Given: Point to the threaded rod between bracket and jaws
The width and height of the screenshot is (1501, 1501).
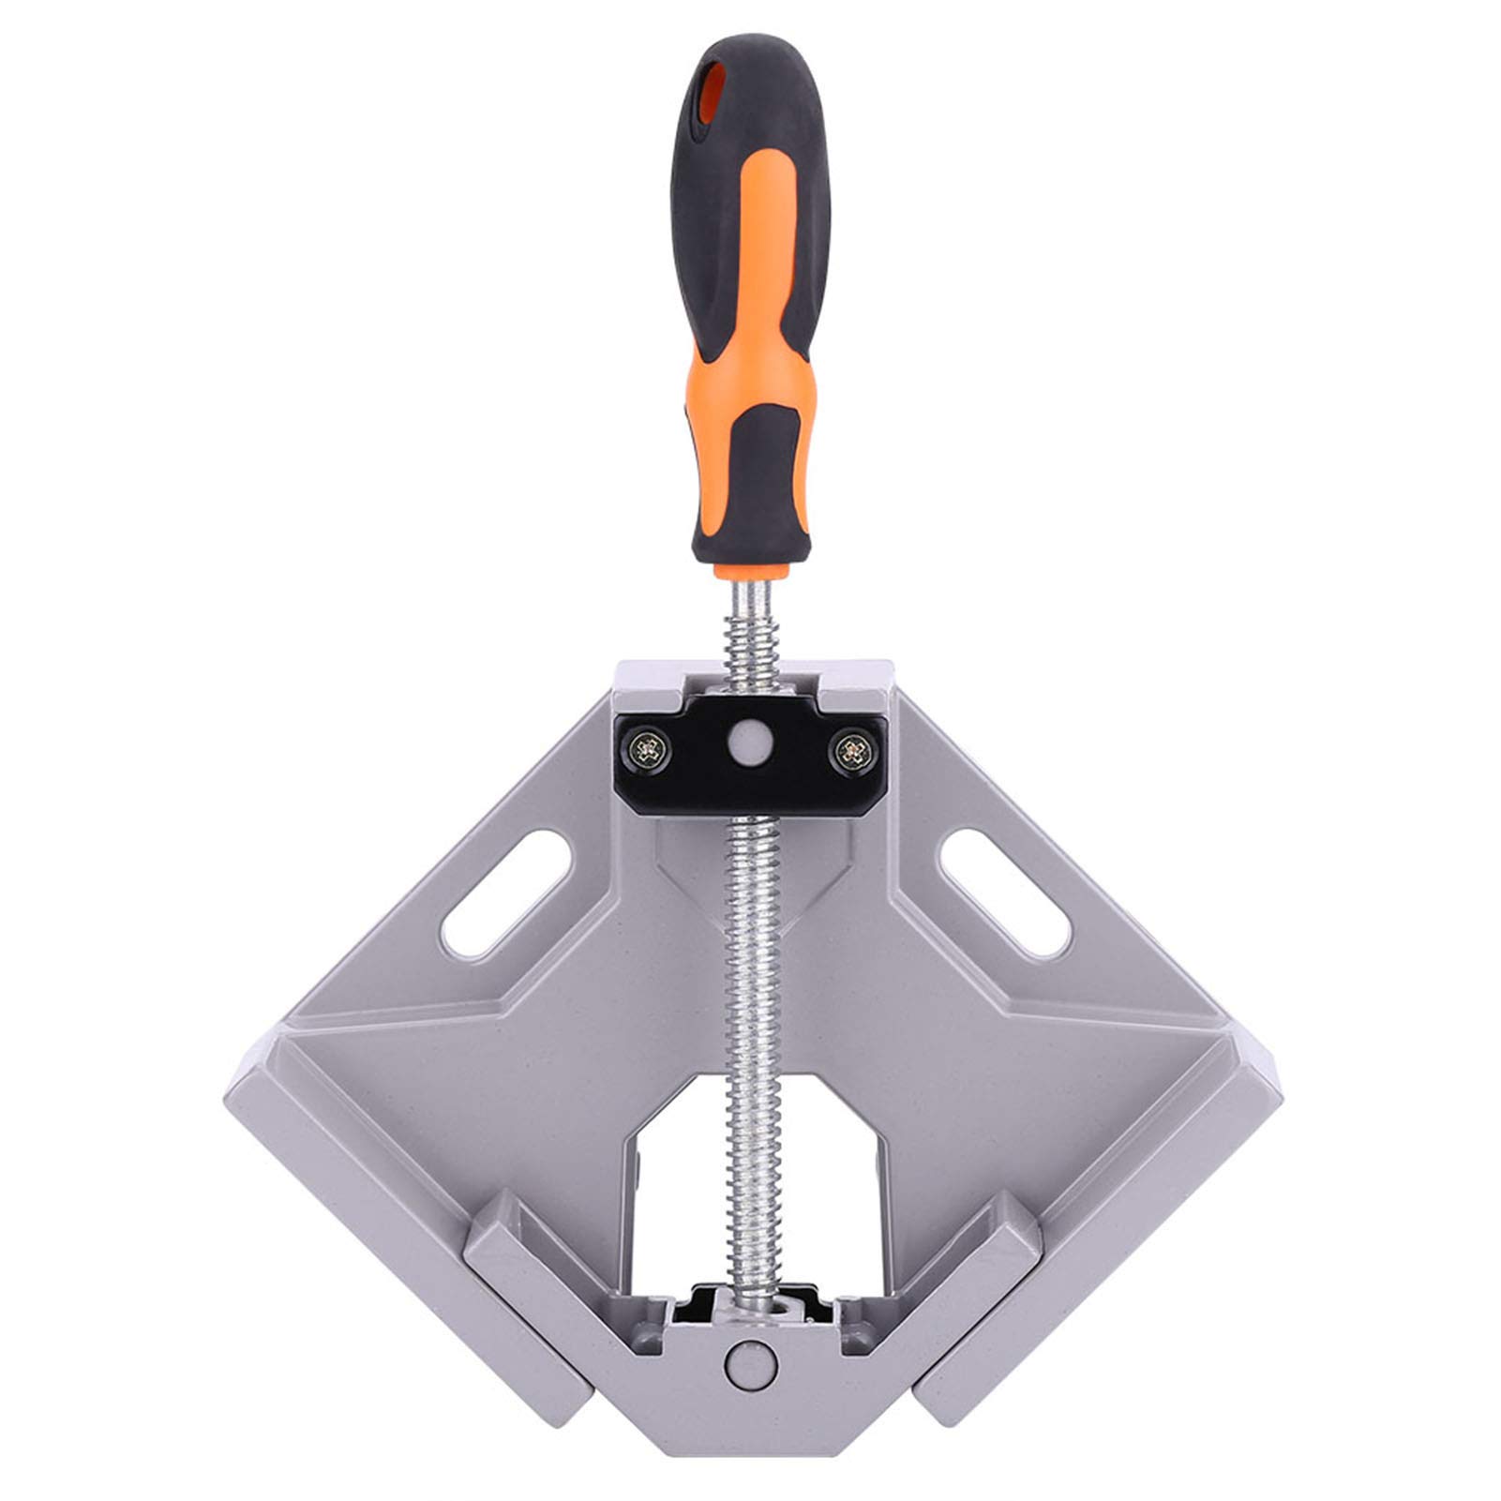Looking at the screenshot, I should coord(755,1031).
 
